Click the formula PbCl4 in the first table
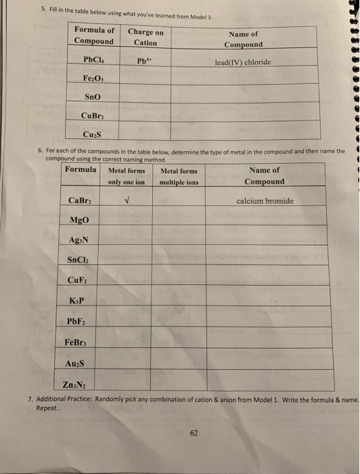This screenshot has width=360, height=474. [x=93, y=61]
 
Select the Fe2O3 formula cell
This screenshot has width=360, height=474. [x=93, y=79]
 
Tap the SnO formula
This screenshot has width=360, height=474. [x=93, y=97]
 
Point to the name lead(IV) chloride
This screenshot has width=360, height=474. [x=242, y=62]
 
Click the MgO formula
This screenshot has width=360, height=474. [x=79, y=221]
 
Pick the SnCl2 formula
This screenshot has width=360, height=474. [x=81, y=261]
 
